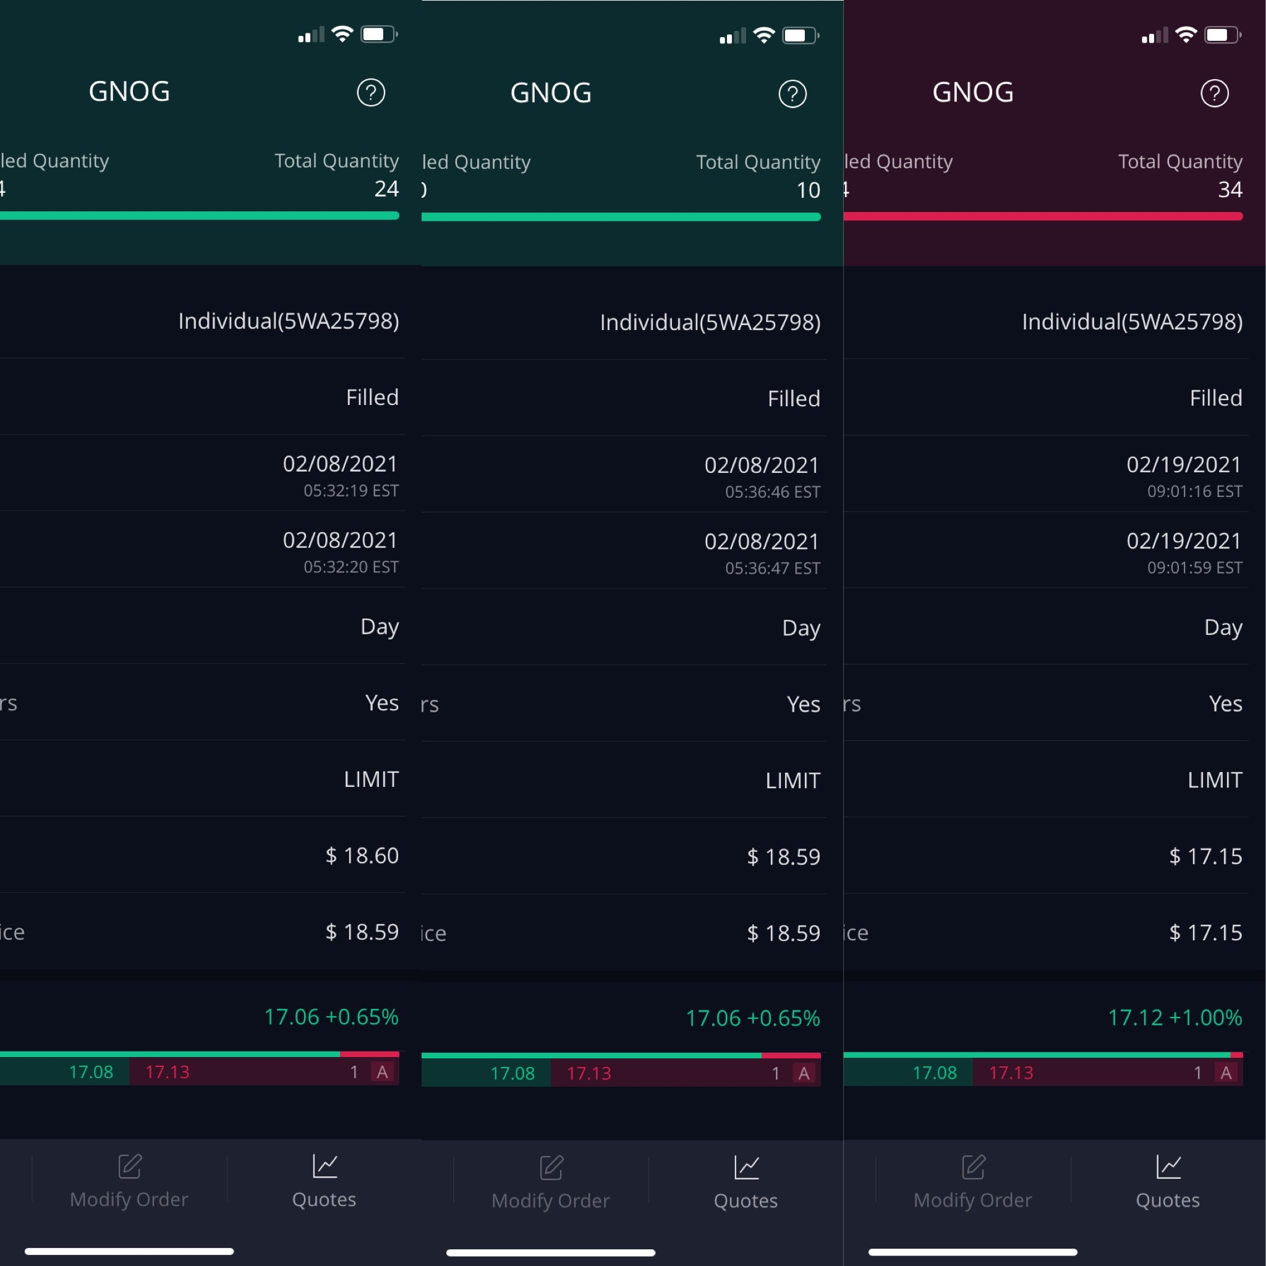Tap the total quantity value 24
tap(386, 189)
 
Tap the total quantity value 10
tap(808, 190)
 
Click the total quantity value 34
tap(1230, 190)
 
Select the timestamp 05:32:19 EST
tap(351, 491)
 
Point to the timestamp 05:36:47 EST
tap(773, 568)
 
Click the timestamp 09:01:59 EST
tap(1194, 567)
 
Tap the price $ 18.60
tap(362, 856)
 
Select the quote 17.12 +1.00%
tap(1175, 1017)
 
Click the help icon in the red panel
tap(1214, 93)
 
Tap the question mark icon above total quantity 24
tap(371, 92)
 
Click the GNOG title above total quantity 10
tap(551, 93)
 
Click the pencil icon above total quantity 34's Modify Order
tap(973, 1167)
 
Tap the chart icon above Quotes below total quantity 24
tap(325, 1166)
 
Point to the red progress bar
tap(1043, 216)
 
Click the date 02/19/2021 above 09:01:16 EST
tap(1183, 465)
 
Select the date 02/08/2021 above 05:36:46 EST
tap(762, 465)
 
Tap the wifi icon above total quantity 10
tap(764, 35)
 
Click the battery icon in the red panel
tap(1222, 35)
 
